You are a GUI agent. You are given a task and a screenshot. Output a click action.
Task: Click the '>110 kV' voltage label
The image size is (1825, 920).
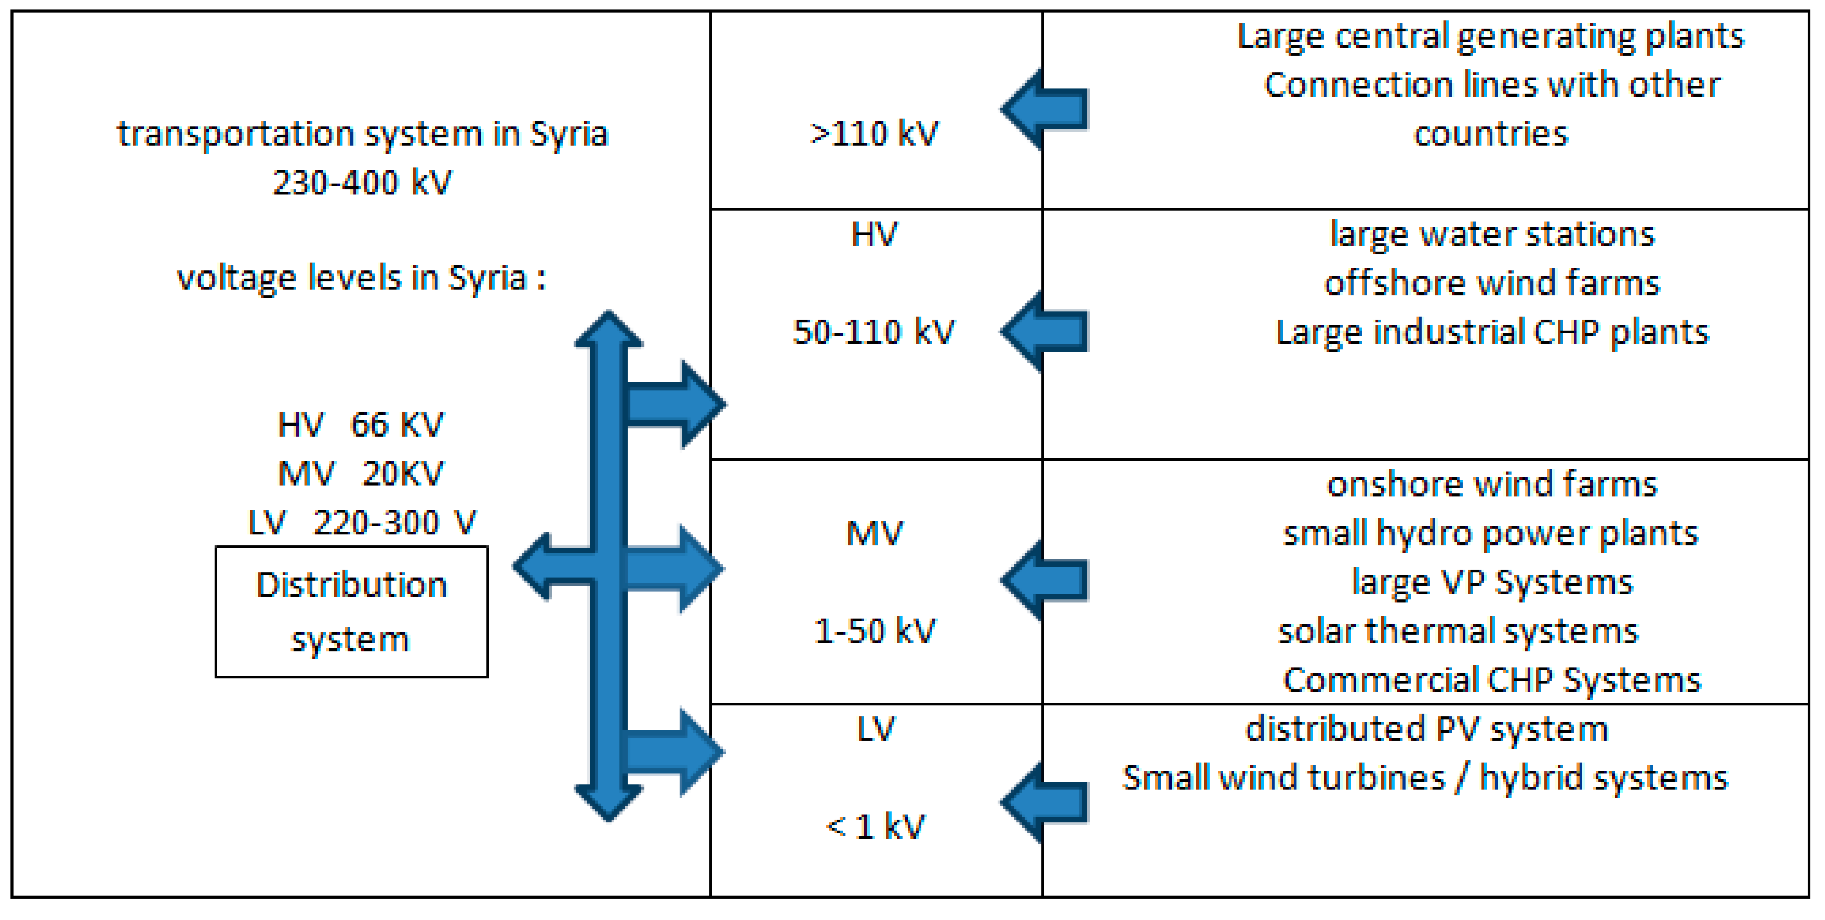pyautogui.click(x=874, y=134)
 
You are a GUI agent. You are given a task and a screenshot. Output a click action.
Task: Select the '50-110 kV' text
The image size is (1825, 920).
pyautogui.click(x=874, y=332)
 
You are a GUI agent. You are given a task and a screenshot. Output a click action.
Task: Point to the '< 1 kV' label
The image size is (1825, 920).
pyautogui.click(x=875, y=827)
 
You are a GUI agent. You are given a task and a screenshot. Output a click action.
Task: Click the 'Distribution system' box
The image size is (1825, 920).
pyautogui.click(x=352, y=612)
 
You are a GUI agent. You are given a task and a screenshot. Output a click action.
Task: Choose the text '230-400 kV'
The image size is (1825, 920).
pyautogui.click(x=362, y=183)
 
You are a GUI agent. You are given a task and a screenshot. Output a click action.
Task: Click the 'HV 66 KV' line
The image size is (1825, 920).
pyautogui.click(x=360, y=425)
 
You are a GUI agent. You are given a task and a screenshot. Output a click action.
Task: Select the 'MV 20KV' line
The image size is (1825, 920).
pyautogui.click(x=360, y=474)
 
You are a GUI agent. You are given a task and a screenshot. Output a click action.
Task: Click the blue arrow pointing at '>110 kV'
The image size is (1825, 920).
pyautogui.click(x=1046, y=110)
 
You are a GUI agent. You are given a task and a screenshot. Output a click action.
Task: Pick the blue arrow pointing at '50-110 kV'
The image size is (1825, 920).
pyautogui.click(x=1046, y=331)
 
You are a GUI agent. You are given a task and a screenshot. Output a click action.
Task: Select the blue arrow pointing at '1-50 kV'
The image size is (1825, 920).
pyautogui.click(x=1046, y=581)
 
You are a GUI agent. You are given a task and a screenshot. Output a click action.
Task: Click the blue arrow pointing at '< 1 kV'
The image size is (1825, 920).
pyautogui.click(x=1046, y=803)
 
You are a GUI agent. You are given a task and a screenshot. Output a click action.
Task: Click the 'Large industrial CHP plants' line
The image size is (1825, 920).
pyautogui.click(x=1492, y=332)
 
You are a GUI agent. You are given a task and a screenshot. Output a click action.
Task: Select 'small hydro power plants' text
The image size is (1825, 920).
pyautogui.click(x=1491, y=533)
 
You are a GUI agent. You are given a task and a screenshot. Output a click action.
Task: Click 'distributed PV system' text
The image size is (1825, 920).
pyautogui.click(x=1427, y=729)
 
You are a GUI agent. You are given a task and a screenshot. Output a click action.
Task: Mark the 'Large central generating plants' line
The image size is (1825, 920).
pyautogui.click(x=1491, y=36)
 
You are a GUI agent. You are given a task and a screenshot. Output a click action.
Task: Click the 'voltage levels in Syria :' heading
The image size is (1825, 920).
pyautogui.click(x=361, y=278)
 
